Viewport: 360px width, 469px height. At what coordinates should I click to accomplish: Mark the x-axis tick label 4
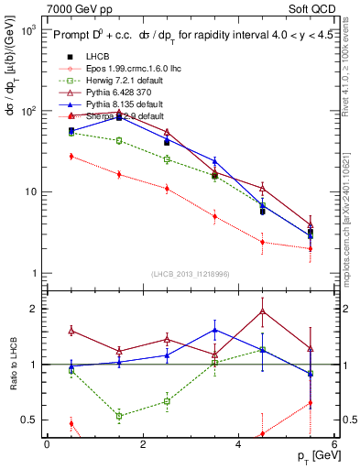point(239,444)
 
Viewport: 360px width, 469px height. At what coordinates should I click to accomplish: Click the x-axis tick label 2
point(143,444)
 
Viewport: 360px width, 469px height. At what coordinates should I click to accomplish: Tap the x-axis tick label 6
point(334,444)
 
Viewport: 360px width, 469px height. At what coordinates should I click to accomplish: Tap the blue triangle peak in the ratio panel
point(214,330)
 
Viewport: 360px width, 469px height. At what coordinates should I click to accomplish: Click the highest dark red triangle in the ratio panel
point(263,311)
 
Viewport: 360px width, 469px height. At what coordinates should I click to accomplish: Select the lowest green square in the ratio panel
point(119,416)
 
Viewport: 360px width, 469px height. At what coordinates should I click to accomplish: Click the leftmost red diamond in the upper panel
point(71,157)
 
